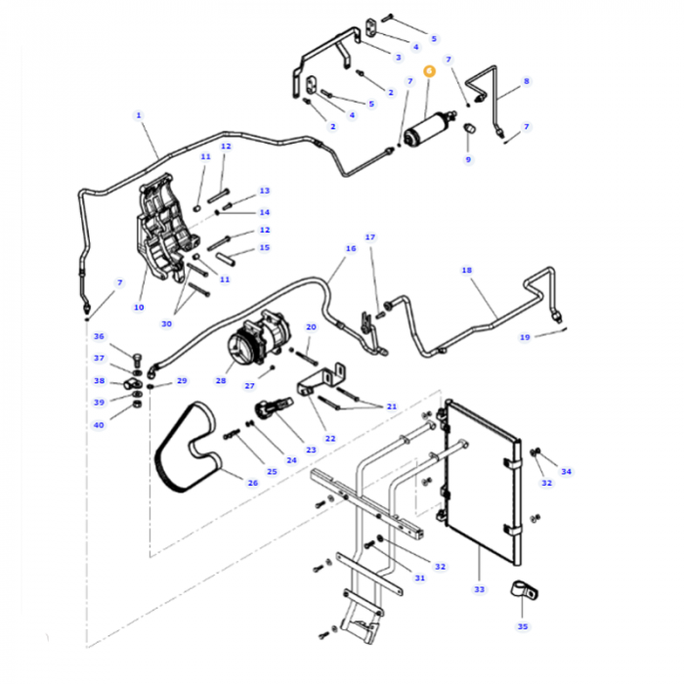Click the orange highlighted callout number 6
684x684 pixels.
[x=429, y=70]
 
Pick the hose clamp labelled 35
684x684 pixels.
[x=524, y=589]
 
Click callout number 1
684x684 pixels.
[x=139, y=115]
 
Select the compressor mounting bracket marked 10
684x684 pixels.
[x=168, y=228]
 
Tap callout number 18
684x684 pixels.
[x=467, y=271]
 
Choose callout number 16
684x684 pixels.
[x=351, y=248]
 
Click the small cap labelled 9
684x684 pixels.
[x=469, y=129]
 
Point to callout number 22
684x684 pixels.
[x=330, y=439]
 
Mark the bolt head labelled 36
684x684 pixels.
[x=137, y=358]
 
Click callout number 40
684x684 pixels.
[x=99, y=425]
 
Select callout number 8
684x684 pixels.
[x=527, y=81]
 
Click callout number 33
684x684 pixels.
[x=480, y=589]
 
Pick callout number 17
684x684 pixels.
[x=370, y=237]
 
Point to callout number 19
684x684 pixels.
[x=525, y=337]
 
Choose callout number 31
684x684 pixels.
[x=419, y=578]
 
